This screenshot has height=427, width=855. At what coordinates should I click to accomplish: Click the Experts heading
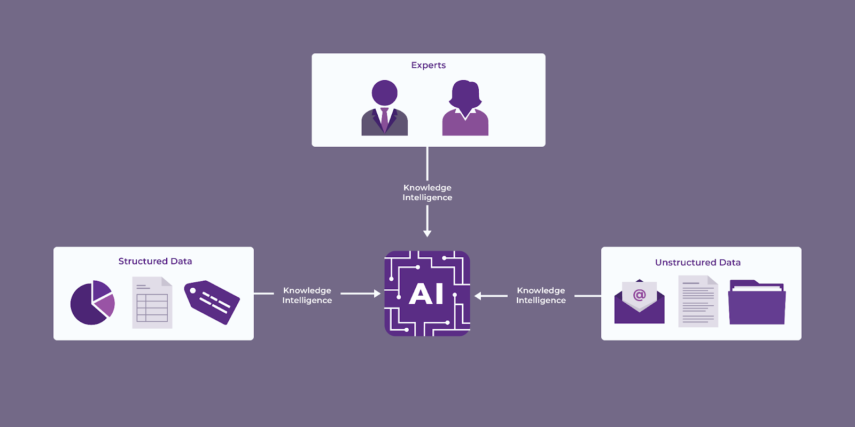click(x=428, y=65)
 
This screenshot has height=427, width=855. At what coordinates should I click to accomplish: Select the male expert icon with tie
click(x=384, y=108)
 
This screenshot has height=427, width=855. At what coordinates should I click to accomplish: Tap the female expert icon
click(x=465, y=108)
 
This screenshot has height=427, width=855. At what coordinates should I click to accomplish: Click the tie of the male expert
click(x=385, y=120)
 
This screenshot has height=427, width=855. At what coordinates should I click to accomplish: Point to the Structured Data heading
click(x=155, y=261)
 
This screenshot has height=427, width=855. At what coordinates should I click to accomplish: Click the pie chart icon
click(x=92, y=303)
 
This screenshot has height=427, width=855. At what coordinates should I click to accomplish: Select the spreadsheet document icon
click(x=152, y=303)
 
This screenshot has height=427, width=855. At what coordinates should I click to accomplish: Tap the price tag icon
click(x=212, y=302)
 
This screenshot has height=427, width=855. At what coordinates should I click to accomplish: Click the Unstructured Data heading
click(x=697, y=262)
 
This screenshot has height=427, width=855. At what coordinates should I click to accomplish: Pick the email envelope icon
click(x=639, y=303)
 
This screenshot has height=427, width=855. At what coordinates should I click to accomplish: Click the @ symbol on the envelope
click(x=639, y=295)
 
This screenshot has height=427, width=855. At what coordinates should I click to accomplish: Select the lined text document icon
click(x=698, y=302)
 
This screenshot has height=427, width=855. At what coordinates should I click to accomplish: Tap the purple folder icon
click(x=757, y=303)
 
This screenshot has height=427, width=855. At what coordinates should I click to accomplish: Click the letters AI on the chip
click(x=426, y=294)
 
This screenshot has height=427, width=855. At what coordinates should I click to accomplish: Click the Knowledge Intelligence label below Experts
click(x=427, y=192)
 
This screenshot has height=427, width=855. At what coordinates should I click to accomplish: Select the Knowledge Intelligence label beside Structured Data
click(x=307, y=295)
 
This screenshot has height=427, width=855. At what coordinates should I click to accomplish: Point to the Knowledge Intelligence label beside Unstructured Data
click(x=541, y=295)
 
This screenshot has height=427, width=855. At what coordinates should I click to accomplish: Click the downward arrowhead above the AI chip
click(x=427, y=233)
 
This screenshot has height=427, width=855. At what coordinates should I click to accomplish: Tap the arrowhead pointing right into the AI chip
click(x=377, y=294)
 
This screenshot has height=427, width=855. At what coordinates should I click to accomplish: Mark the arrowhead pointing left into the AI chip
click(x=478, y=296)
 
